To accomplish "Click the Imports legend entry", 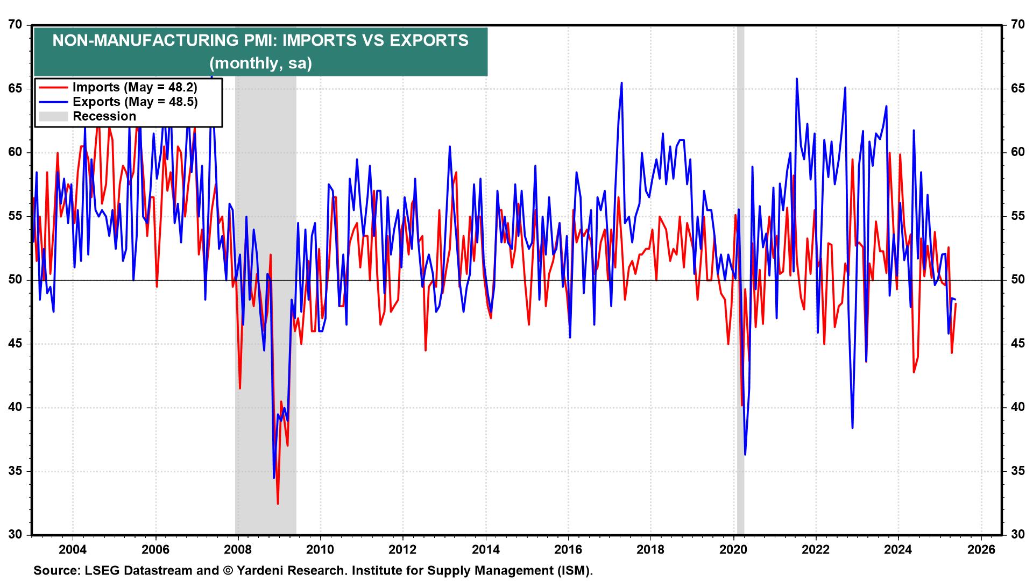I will point(135,87).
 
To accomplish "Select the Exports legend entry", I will point(135,102).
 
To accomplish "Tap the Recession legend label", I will point(104,116).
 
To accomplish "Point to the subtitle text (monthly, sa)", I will point(260,63).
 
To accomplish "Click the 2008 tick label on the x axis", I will point(237,550).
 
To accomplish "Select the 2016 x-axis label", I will point(568,550).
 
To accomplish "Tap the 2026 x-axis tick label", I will point(981,550).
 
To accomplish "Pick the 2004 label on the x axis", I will point(72,550).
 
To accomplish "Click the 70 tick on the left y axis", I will point(16,25).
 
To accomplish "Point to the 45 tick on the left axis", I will point(16,344).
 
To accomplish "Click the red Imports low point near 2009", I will point(278,504).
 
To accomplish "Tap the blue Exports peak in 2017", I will point(621,83).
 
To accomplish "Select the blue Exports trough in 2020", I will point(745,455).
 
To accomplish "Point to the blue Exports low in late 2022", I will point(853,428).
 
